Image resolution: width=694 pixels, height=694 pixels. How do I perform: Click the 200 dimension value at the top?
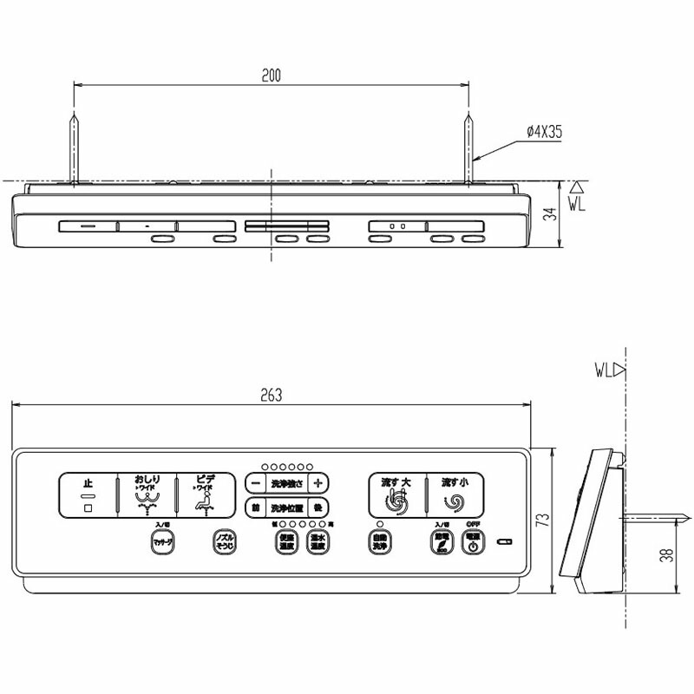pyautogui.click(x=272, y=76)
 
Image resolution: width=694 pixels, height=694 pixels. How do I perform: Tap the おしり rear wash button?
pyautogui.click(x=147, y=495)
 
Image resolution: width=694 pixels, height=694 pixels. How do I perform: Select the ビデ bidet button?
pyautogui.click(x=206, y=495)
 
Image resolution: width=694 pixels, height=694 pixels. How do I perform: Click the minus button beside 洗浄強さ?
pyautogui.click(x=255, y=482)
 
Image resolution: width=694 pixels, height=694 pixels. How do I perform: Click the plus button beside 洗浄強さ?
pyautogui.click(x=318, y=482)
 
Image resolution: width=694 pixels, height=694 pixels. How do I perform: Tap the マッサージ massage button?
pyautogui.click(x=163, y=542)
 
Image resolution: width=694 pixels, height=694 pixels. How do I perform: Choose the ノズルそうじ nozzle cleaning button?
pyautogui.click(x=225, y=542)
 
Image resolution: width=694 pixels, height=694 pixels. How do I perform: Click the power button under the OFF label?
pyautogui.click(x=472, y=542)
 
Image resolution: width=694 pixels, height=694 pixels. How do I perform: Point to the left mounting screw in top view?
pyautogui.click(x=75, y=147)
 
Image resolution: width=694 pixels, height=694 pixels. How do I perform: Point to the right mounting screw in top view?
pyautogui.click(x=469, y=147)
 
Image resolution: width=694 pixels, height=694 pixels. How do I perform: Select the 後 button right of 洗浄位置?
pyautogui.click(x=318, y=507)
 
